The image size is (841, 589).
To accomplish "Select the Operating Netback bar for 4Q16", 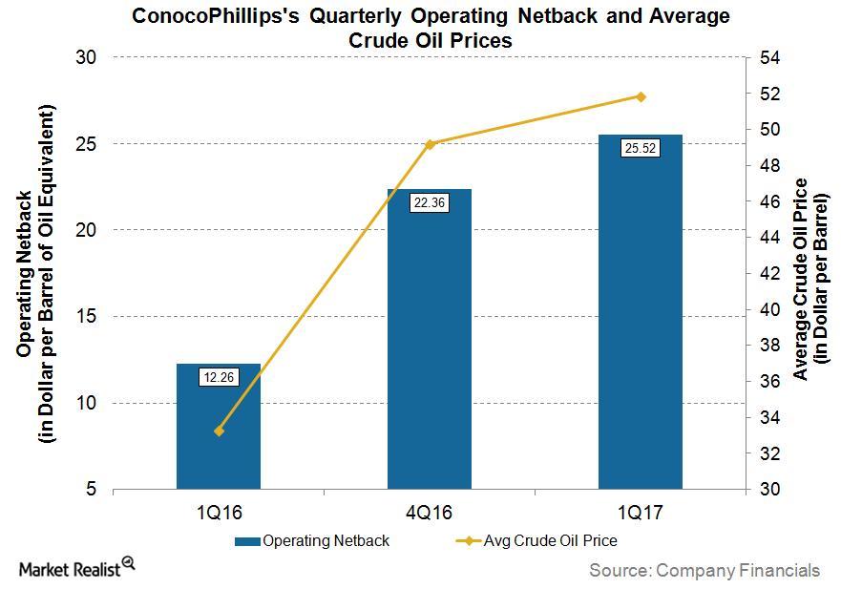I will [x=429, y=344].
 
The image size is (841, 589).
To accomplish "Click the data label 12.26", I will [x=219, y=377].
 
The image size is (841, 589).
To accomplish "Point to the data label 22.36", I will [x=429, y=202].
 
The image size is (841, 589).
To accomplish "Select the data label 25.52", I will [x=640, y=148].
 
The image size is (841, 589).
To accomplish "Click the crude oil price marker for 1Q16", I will [x=219, y=431].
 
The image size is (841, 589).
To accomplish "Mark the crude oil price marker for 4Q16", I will [x=430, y=144].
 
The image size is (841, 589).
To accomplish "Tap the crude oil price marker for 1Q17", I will [x=641, y=96].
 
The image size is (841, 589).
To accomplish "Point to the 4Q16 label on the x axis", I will [x=429, y=513].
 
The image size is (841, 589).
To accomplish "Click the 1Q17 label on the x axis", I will [x=640, y=513].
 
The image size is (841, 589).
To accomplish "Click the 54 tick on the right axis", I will [x=769, y=58].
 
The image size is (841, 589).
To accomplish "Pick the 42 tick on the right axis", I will [x=769, y=274].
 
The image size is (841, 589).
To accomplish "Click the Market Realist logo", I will [x=76, y=568].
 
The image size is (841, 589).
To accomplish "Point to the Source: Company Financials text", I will [x=704, y=570].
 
